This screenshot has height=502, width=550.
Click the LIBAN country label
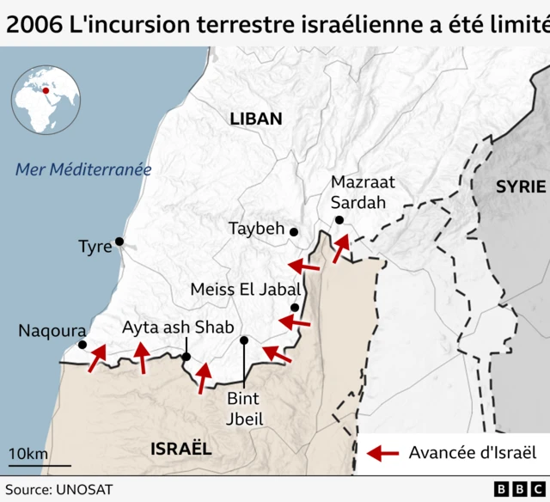(x=256, y=119)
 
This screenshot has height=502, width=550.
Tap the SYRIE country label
(x=521, y=187)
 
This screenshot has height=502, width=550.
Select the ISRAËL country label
(x=180, y=449)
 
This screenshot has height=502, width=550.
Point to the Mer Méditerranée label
(x=83, y=169)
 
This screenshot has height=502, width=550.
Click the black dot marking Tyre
(x=119, y=242)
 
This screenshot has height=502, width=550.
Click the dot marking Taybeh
(x=294, y=232)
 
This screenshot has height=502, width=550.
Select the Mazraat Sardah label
(x=362, y=193)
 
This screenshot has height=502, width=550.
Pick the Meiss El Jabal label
(x=245, y=290)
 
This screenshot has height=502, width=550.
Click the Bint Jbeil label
(x=245, y=409)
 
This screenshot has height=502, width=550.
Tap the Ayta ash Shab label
(x=177, y=328)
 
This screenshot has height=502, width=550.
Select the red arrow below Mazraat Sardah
(x=341, y=248)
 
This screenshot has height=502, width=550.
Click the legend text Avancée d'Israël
(x=472, y=453)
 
